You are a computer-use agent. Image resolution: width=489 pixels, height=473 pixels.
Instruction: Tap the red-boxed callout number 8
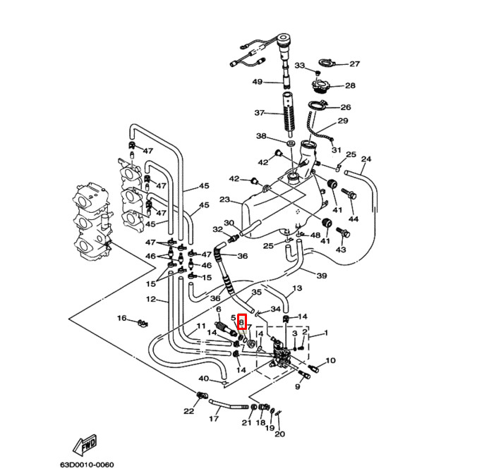click(x=241, y=322)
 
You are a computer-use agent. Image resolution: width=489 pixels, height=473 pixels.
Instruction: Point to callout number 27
click(x=354, y=63)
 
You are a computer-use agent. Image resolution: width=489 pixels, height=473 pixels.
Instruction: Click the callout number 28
click(x=350, y=86)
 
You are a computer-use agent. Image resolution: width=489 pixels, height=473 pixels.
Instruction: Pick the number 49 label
click(x=258, y=82)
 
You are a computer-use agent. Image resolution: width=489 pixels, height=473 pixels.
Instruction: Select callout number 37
click(x=259, y=113)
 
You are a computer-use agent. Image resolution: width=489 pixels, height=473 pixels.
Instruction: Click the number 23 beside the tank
click(x=224, y=199)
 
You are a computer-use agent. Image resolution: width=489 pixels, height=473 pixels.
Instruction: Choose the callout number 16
click(x=121, y=319)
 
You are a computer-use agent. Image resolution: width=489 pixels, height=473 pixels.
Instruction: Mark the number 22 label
click(x=188, y=411)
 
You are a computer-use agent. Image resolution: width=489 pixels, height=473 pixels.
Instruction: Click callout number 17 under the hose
click(x=214, y=419)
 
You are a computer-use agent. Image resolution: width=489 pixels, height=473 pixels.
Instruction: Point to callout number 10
click(x=331, y=361)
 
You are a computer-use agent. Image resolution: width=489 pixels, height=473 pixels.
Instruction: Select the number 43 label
click(x=341, y=250)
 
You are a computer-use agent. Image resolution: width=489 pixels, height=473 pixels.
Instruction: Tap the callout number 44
click(x=354, y=219)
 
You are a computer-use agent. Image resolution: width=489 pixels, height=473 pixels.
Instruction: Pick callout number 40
click(x=203, y=379)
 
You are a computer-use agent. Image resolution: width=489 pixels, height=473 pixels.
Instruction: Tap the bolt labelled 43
click(x=344, y=232)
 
